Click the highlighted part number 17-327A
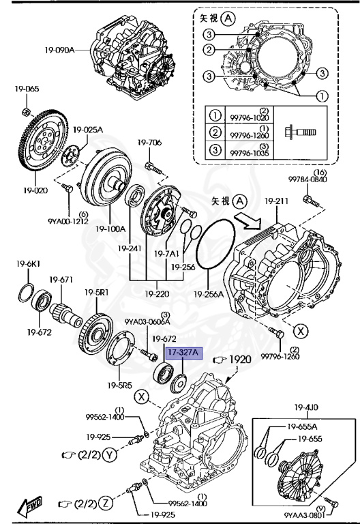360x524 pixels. [182, 353]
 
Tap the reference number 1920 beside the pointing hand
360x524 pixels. [239, 360]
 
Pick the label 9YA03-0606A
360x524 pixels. [147, 321]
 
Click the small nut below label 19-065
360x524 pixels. [25, 111]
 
